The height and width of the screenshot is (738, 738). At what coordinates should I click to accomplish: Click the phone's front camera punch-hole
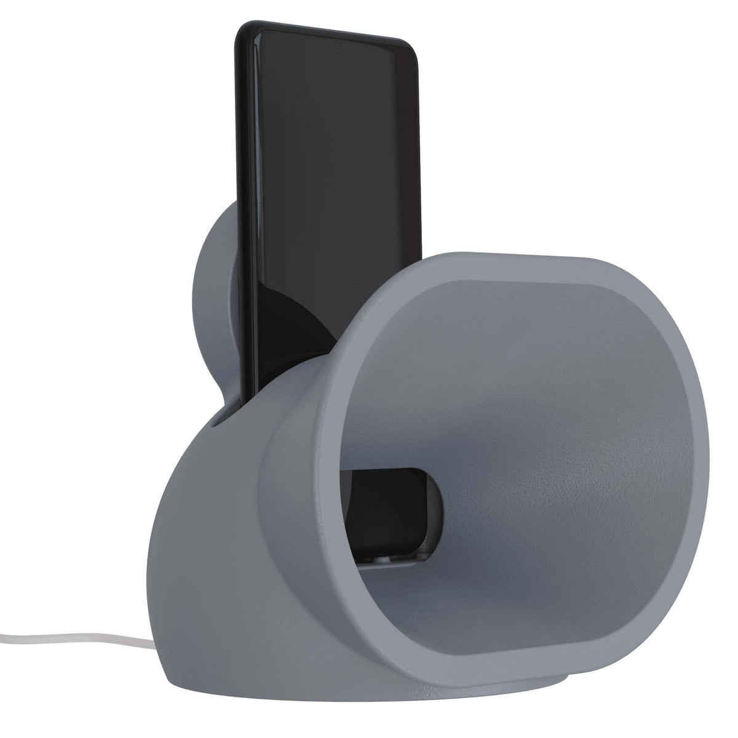338,45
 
